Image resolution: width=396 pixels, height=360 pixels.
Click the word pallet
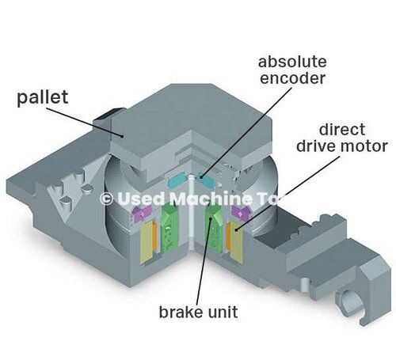pos(43,97)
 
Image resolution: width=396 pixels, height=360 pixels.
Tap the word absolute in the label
pos(292,62)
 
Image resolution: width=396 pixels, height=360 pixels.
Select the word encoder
pos(292,78)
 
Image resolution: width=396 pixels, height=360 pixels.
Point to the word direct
pos(342,129)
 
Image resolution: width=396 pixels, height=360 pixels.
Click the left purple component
pos(142,213)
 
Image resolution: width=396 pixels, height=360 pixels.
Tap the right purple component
pos(240,213)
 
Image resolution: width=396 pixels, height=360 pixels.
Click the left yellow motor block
pos(147,242)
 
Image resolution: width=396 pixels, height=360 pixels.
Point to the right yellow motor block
pos(237,242)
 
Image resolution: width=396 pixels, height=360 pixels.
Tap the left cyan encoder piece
pos(177,181)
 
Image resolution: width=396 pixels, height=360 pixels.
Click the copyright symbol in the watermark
pos(107,199)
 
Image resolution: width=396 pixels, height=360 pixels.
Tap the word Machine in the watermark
pos(211,199)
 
